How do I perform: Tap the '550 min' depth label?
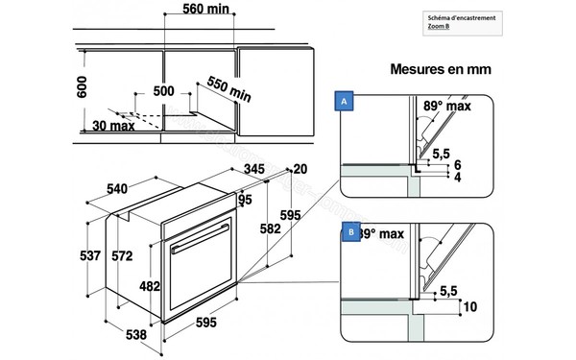pyautogui.click(x=229, y=92)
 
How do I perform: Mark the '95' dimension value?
pyautogui.click(x=245, y=201)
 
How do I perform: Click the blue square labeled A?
pyautogui.click(x=343, y=100)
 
